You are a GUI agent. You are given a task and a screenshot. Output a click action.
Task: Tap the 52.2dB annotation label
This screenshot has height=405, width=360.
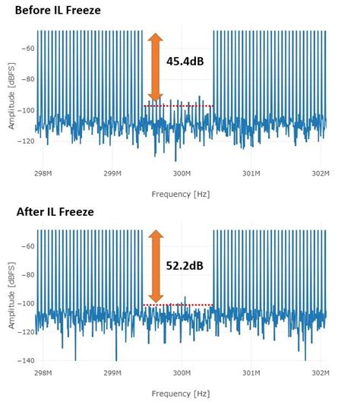(185, 266)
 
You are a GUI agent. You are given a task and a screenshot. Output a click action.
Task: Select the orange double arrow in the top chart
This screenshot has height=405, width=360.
(154, 67)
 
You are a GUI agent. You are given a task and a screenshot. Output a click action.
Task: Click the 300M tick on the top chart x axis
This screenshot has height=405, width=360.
(182, 173)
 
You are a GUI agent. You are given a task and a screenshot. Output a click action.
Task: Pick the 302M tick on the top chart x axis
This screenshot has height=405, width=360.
(321, 173)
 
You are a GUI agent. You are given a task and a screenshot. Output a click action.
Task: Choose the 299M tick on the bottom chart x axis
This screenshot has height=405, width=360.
(112, 374)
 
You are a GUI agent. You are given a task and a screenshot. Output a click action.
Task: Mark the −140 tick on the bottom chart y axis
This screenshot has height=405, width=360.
(24, 360)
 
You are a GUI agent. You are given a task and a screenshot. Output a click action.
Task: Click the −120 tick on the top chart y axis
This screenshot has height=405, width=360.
(24, 141)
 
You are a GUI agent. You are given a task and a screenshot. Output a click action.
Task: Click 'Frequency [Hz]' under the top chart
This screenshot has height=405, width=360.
(180, 193)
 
